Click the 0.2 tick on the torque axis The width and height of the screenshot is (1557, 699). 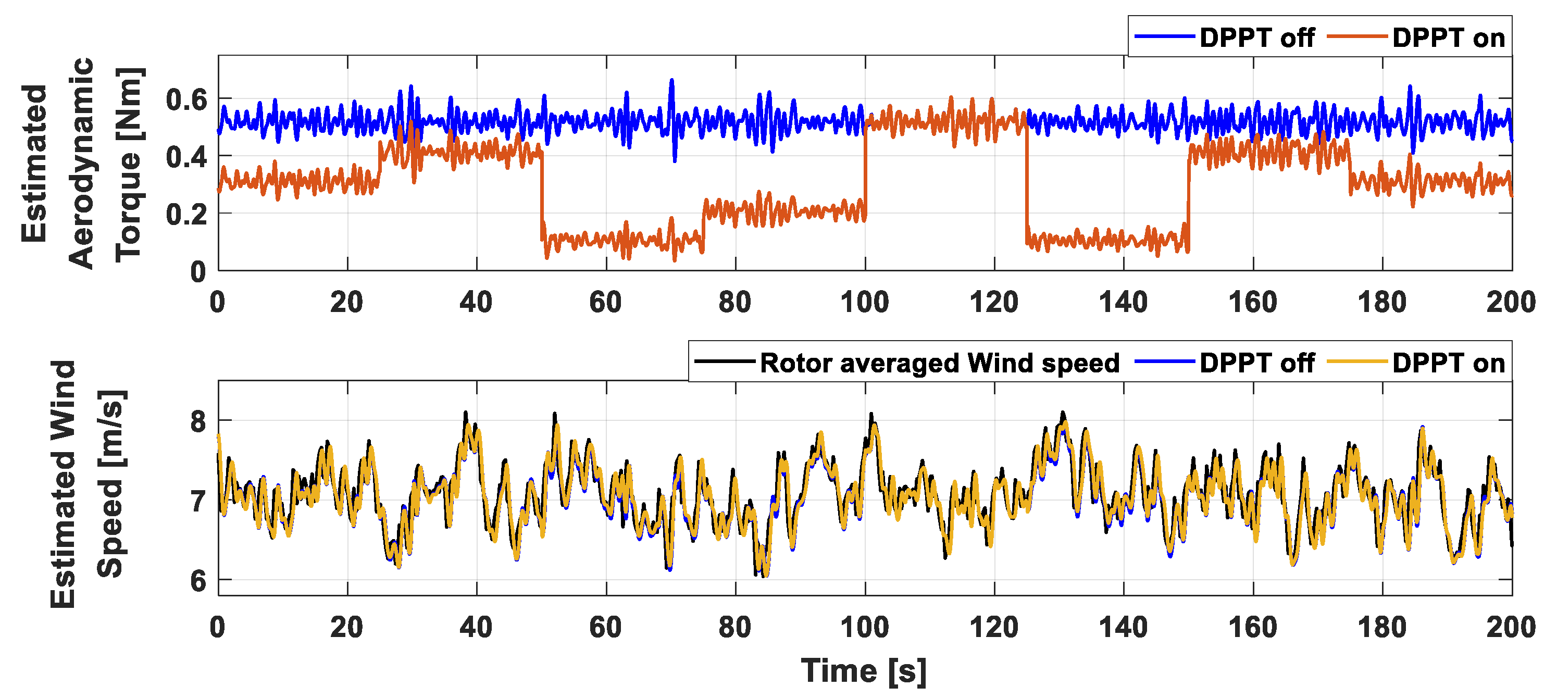[x=186, y=215]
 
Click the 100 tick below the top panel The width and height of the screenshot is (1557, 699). [x=864, y=302]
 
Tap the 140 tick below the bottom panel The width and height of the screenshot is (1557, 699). [x=1123, y=627]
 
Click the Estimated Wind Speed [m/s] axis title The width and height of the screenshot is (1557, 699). [x=88, y=483]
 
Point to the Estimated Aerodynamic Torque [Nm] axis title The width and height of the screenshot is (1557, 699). [x=82, y=163]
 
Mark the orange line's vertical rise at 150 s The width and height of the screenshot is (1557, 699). [x=1188, y=199]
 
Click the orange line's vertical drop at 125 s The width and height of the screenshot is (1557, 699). [x=1026, y=181]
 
